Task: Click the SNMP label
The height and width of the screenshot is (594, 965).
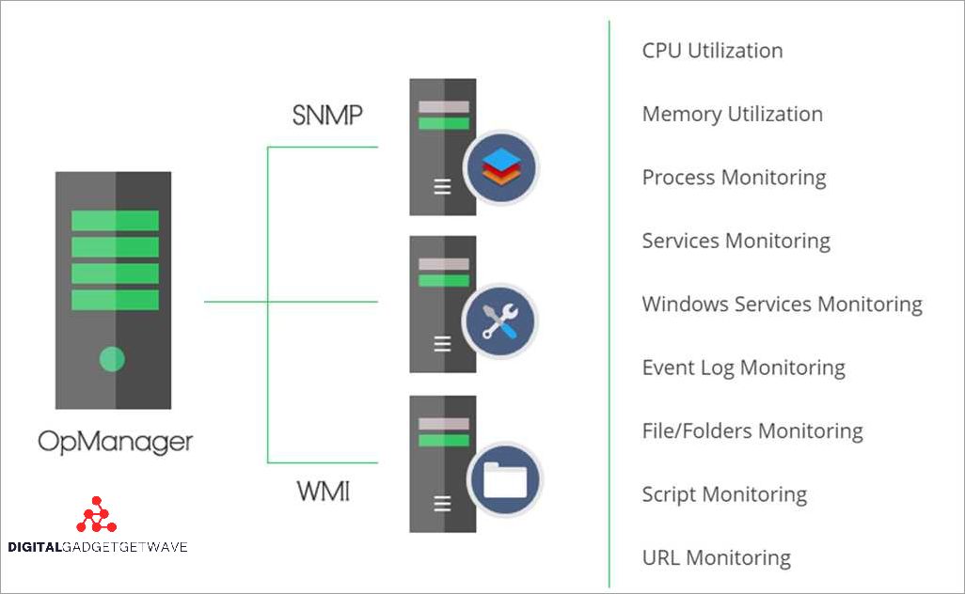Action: (x=327, y=117)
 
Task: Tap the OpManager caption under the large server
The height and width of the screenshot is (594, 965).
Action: (x=116, y=440)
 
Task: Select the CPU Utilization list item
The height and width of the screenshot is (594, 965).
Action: (x=712, y=51)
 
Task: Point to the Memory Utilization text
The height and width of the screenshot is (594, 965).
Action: (x=732, y=114)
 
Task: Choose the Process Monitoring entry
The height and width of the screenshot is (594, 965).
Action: (x=734, y=178)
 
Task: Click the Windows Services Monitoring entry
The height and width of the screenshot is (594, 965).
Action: (x=782, y=305)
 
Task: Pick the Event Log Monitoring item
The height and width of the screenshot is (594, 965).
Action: (x=743, y=367)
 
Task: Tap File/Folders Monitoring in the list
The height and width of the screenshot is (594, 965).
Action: (x=751, y=431)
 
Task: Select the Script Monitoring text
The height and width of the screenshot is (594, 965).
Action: (x=724, y=494)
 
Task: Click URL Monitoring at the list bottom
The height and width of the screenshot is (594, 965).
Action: (x=716, y=557)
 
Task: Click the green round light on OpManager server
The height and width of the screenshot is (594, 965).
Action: (x=112, y=358)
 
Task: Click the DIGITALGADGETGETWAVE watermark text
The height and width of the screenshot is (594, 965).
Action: (x=97, y=547)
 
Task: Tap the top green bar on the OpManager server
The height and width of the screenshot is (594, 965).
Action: (x=115, y=221)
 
